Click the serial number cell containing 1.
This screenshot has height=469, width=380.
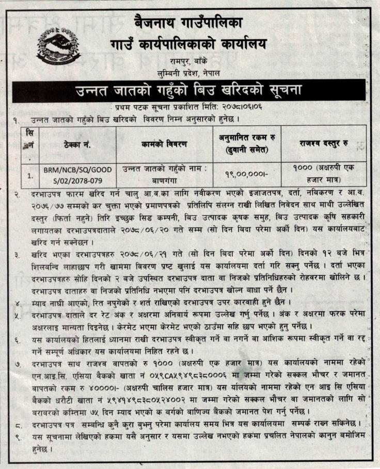pos(31,176)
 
